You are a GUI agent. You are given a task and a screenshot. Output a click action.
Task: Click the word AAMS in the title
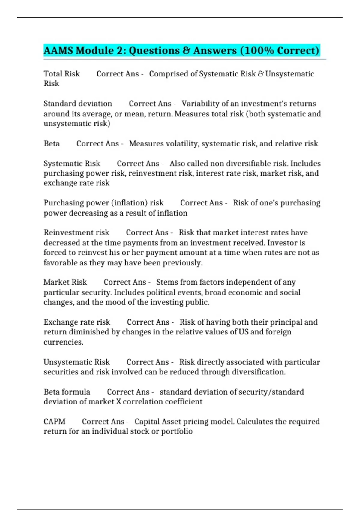[x=58, y=50]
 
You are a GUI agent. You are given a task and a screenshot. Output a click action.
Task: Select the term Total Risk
[x=62, y=74]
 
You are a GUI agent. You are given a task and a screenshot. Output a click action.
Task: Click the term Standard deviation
[x=78, y=103]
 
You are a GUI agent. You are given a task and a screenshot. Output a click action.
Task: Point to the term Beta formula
[x=67, y=392]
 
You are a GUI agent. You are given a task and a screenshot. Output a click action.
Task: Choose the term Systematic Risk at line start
[x=72, y=163]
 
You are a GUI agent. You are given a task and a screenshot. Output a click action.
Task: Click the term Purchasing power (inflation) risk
[x=104, y=203]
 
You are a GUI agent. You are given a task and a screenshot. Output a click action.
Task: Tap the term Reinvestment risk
[x=76, y=232]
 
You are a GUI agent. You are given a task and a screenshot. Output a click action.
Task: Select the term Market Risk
[x=65, y=282]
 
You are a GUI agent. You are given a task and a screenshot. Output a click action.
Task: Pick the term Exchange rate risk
[x=77, y=322]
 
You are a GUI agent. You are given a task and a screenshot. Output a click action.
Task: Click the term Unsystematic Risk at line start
[x=77, y=362]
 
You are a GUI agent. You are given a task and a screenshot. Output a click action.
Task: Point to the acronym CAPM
[x=55, y=421]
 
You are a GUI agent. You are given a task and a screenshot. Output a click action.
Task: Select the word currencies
[x=63, y=342]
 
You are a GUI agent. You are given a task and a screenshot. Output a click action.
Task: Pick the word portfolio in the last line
[x=177, y=431]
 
